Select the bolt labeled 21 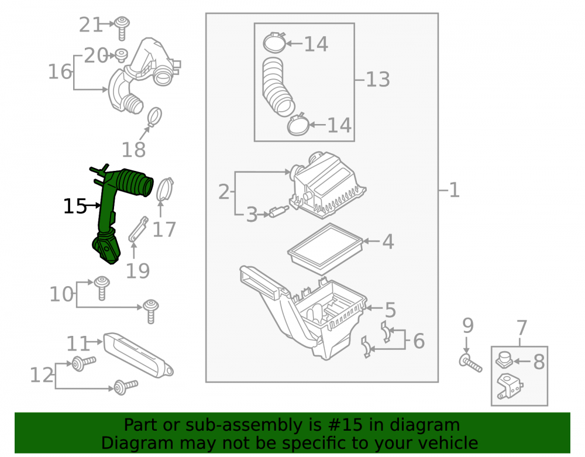click(x=122, y=28)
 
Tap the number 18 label click(x=133, y=150)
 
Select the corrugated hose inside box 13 click(x=277, y=87)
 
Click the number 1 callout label click(x=454, y=190)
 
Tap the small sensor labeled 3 click(x=278, y=211)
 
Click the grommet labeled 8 click(x=504, y=360)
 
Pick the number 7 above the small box click(x=522, y=328)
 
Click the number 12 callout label click(x=42, y=375)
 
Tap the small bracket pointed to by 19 click(x=138, y=229)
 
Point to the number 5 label click(x=390, y=310)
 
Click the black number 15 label click(x=75, y=206)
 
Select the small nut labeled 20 click(x=121, y=56)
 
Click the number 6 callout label click(x=419, y=341)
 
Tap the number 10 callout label click(x=61, y=294)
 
